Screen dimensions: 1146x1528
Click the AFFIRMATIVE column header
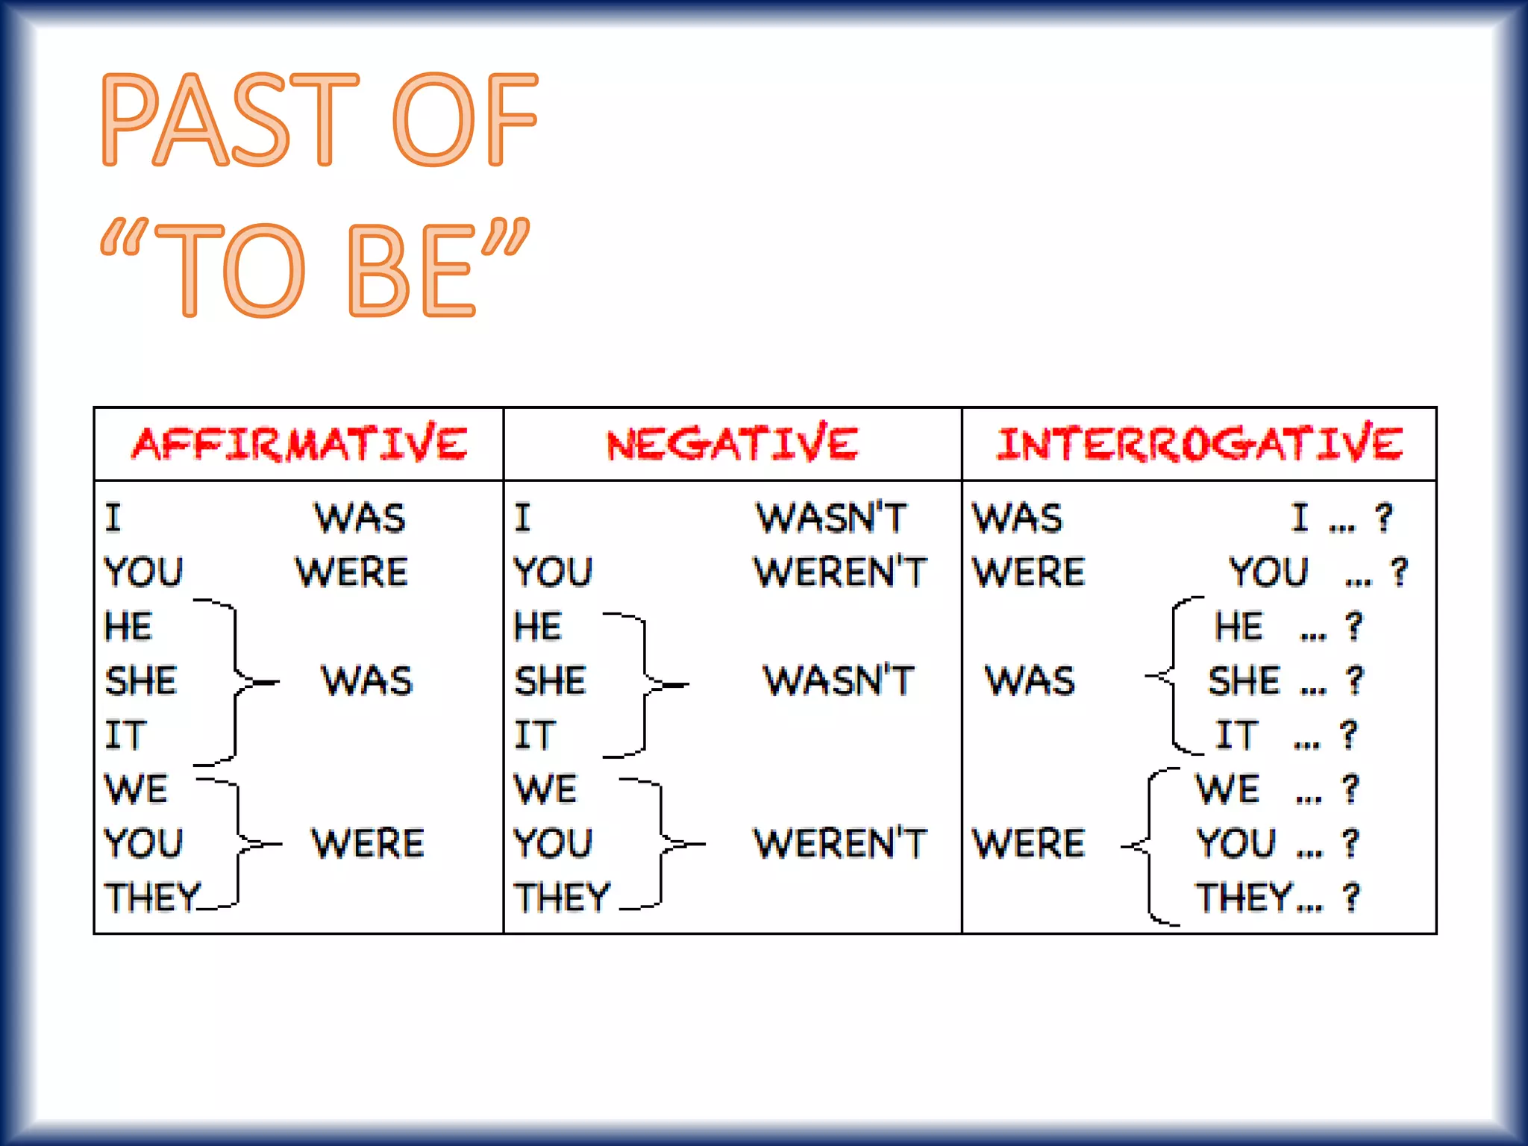click(300, 444)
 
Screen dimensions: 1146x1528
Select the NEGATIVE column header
click(732, 444)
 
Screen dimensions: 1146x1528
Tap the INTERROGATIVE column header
click(1199, 444)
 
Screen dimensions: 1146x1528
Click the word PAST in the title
click(230, 119)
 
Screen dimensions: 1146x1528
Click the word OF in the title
click(464, 119)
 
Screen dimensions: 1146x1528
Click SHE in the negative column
click(550, 681)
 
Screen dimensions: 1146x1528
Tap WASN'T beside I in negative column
click(831, 518)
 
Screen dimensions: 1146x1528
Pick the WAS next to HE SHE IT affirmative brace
click(366, 681)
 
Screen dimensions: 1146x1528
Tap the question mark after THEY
click(1350, 898)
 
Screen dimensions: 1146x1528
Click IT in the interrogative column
click(1236, 735)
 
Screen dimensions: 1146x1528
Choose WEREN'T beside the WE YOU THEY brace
click(839, 844)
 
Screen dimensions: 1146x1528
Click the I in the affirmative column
click(113, 518)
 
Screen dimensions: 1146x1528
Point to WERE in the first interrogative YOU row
click(1028, 572)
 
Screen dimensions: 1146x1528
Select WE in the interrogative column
click(1227, 789)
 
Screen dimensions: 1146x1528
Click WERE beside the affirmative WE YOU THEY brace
click(367, 844)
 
